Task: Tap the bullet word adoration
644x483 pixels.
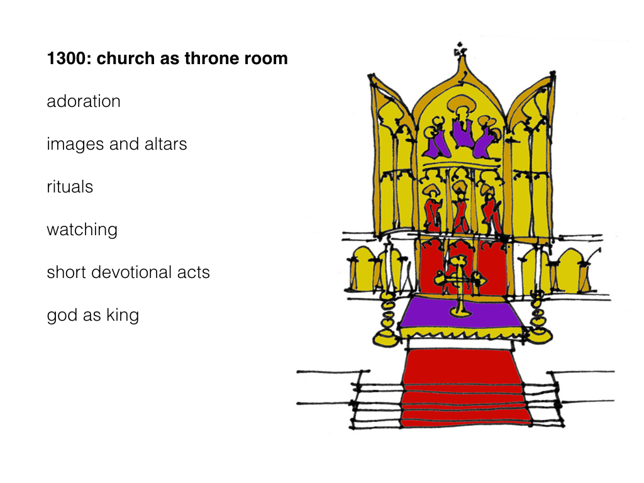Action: (84, 101)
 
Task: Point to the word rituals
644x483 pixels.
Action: (70, 186)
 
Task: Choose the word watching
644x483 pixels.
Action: (82, 230)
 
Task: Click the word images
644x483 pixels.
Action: (75, 144)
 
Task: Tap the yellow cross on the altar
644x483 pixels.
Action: (459, 284)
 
